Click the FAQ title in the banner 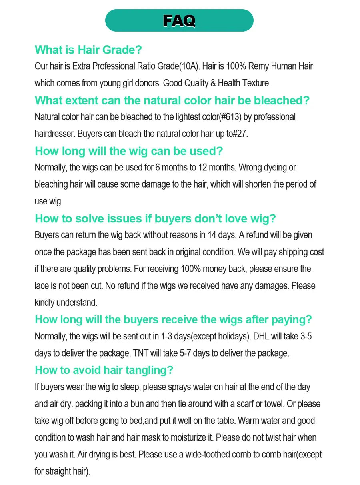[x=179, y=20]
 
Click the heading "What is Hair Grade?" [x=88, y=50]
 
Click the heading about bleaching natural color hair [x=172, y=100]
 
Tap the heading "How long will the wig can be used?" [x=129, y=151]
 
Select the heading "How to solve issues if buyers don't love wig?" [x=155, y=218]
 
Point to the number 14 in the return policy [x=212, y=235]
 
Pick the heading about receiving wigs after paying [x=173, y=320]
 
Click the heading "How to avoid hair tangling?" [x=104, y=370]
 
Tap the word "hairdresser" [x=54, y=134]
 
